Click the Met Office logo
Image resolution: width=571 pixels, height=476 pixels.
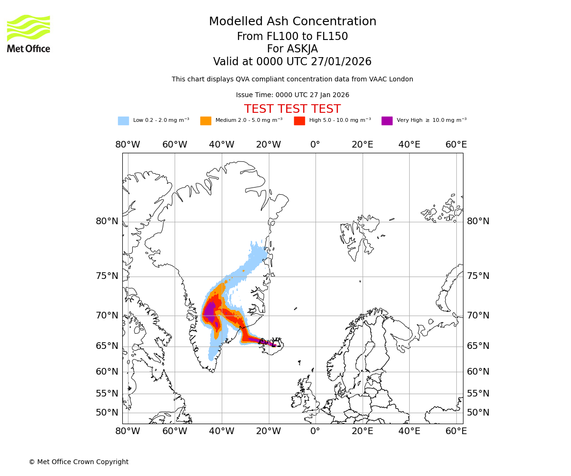tap(29, 33)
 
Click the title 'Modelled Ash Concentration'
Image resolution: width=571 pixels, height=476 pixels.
tap(293, 22)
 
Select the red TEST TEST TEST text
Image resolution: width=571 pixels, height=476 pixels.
tap(292, 109)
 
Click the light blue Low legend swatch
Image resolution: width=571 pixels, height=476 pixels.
tap(123, 120)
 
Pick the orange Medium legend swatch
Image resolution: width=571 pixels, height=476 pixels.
tap(206, 120)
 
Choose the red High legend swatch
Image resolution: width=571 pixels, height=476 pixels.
tap(299, 120)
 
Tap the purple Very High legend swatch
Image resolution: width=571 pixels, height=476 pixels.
tap(387, 120)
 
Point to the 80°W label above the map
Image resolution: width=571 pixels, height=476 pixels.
tap(128, 145)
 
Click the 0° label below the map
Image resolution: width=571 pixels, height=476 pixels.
tap(315, 431)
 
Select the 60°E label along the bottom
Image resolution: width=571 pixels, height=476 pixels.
tap(456, 431)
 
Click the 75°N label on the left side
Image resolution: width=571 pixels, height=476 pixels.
tap(107, 276)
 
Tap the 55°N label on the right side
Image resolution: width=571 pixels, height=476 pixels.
tap(478, 393)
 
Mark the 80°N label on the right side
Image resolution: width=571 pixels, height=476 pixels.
tap(478, 221)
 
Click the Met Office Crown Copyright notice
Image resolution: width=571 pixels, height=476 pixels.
tap(79, 462)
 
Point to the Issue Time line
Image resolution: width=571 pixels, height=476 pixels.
tap(292, 95)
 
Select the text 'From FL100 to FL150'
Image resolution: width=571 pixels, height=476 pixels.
tap(292, 37)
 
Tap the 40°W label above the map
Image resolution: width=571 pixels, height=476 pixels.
tap(222, 145)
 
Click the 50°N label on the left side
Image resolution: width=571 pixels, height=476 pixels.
tap(107, 412)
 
